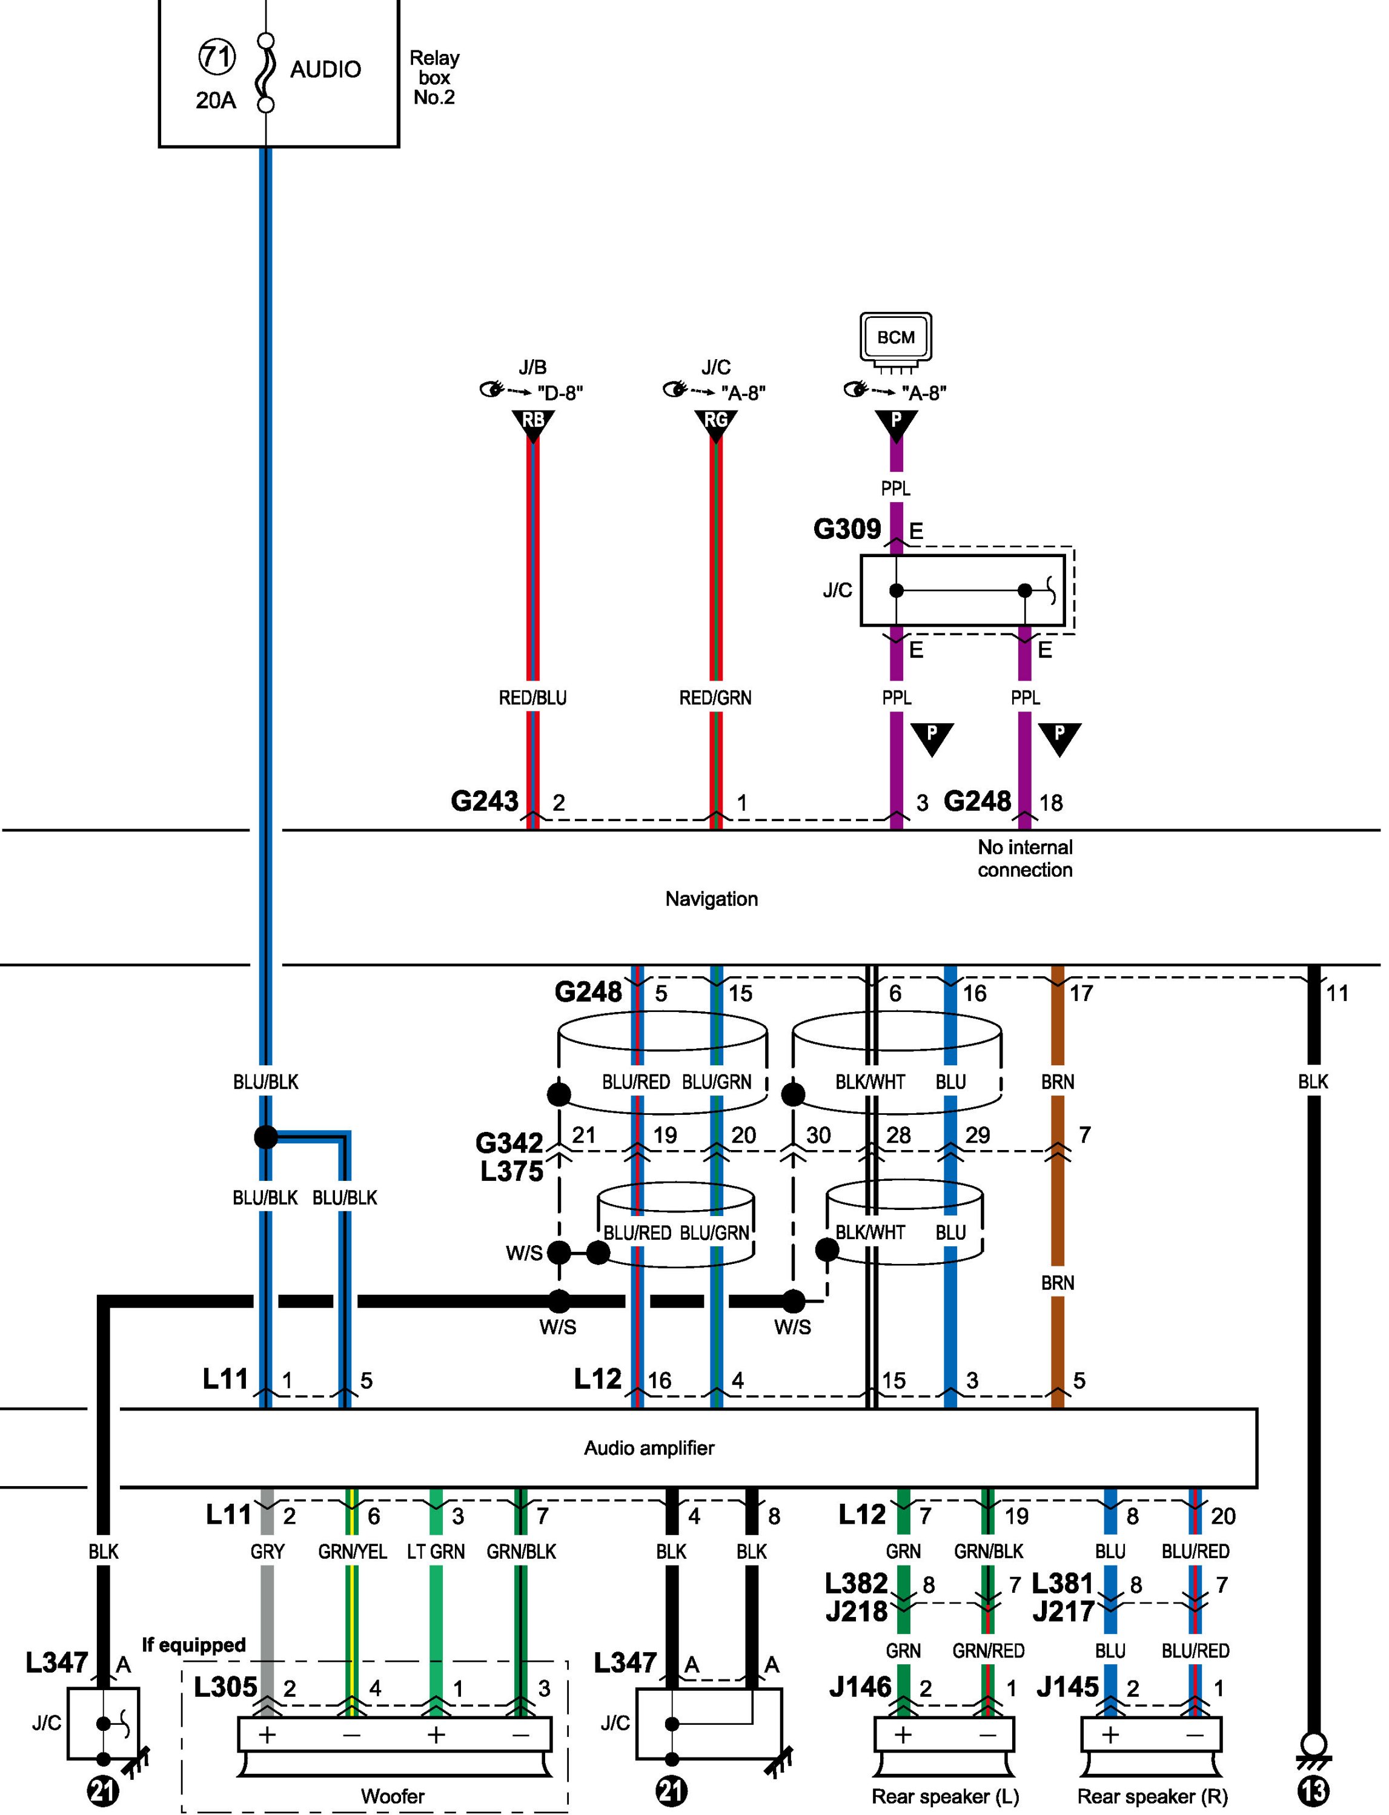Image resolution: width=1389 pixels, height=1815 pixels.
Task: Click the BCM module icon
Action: click(x=895, y=337)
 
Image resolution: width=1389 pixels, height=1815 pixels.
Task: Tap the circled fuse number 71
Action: click(x=217, y=57)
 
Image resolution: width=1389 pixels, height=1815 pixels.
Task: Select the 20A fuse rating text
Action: click(x=216, y=101)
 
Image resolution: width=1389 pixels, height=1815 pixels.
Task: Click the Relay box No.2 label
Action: click(x=434, y=78)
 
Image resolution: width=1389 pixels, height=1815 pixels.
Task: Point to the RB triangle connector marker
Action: click(x=533, y=422)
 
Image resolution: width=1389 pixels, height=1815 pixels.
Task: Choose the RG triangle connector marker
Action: click(x=716, y=422)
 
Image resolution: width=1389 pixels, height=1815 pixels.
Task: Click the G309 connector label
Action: click(x=847, y=529)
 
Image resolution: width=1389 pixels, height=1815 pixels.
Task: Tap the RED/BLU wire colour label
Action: click(x=532, y=698)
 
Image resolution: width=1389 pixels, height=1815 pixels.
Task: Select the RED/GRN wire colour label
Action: click(x=715, y=698)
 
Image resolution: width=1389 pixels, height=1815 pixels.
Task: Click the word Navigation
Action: click(x=711, y=898)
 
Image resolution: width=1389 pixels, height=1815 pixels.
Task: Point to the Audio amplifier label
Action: click(x=649, y=1447)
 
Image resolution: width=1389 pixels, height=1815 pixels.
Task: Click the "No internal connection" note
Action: click(x=1024, y=858)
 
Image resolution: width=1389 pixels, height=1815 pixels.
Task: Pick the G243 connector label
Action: click(x=485, y=801)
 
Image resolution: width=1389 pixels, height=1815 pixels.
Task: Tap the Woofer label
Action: click(x=393, y=1795)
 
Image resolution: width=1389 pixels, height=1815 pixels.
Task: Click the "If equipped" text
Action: click(x=193, y=1645)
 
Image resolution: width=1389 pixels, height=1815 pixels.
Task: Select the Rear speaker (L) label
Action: click(x=945, y=1795)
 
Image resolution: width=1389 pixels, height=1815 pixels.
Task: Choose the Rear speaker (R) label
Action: click(x=1152, y=1795)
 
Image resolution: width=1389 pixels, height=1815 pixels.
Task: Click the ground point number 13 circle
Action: click(x=1313, y=1791)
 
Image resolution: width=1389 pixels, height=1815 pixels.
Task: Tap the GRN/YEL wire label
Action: click(x=352, y=1552)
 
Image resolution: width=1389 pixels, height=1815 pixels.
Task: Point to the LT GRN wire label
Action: click(x=436, y=1552)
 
